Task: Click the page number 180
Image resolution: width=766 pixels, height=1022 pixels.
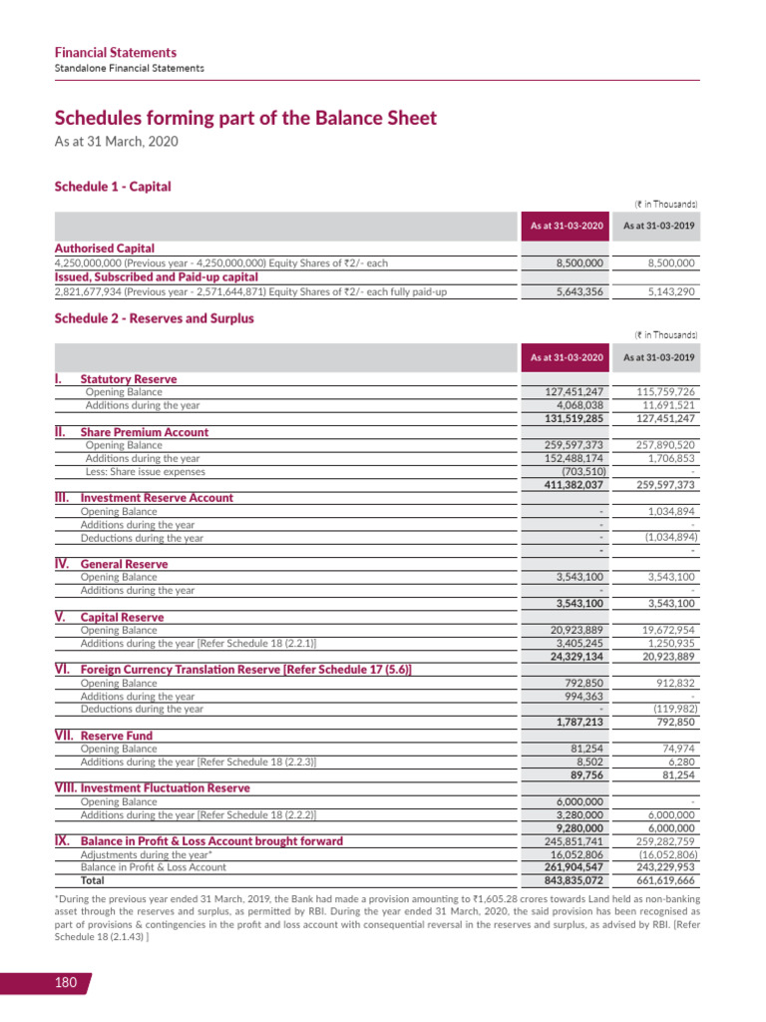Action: (x=66, y=983)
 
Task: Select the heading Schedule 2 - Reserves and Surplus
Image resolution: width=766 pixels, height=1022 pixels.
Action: (x=154, y=318)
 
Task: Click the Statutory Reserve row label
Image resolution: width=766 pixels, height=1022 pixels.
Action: (x=128, y=379)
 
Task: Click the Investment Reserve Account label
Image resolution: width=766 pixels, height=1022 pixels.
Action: (x=157, y=497)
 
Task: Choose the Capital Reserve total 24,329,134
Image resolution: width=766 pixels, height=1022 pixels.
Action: (x=571, y=656)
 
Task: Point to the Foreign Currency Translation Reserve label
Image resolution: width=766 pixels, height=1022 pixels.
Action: (x=245, y=669)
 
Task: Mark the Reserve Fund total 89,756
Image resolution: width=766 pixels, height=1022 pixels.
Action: (x=585, y=774)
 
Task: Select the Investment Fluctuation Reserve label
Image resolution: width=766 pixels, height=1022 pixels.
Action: (x=165, y=787)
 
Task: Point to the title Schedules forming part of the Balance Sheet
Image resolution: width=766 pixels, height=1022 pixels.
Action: (x=244, y=118)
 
